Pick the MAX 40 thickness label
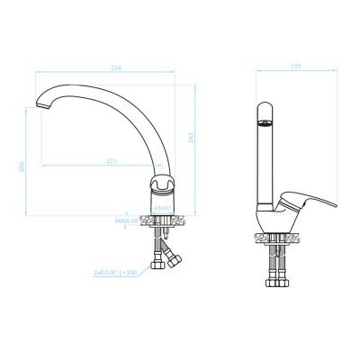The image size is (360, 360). [x=126, y=219]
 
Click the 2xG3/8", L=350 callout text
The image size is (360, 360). [x=117, y=270]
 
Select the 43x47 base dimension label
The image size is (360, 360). [x=162, y=207]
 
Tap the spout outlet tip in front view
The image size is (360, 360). [x=40, y=108]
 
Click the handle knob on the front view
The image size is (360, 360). [x=163, y=184]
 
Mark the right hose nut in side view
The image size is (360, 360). [x=289, y=280]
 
